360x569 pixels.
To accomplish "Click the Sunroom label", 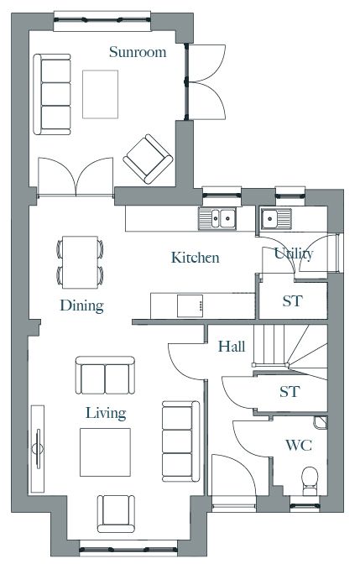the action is click(x=138, y=52).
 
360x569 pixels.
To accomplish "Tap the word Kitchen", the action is click(x=196, y=258).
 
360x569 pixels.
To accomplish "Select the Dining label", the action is click(x=82, y=306).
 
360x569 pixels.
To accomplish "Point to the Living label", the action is click(x=106, y=414).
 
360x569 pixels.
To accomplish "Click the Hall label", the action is click(x=232, y=347).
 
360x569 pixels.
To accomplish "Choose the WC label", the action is click(x=299, y=445).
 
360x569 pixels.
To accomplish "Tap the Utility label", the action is click(x=294, y=254).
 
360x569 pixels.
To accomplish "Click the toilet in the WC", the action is click(x=310, y=481).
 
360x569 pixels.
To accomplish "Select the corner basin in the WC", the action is click(x=320, y=422).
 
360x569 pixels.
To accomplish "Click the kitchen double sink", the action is click(x=217, y=218).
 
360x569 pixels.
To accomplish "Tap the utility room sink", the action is click(x=276, y=218).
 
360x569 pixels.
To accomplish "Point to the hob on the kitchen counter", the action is click(x=190, y=306).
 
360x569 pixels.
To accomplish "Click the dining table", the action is click(x=80, y=263).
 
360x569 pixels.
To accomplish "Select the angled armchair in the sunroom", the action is click(x=148, y=159).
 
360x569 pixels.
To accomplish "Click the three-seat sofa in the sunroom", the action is click(x=52, y=94).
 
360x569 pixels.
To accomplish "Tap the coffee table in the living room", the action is click(x=105, y=452).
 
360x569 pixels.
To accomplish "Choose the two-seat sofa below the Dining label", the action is click(x=105, y=375).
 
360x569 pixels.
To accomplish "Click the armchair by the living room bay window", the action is click(x=116, y=514).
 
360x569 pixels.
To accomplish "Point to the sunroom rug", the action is click(x=100, y=94).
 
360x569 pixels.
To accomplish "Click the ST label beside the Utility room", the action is click(x=292, y=300).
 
